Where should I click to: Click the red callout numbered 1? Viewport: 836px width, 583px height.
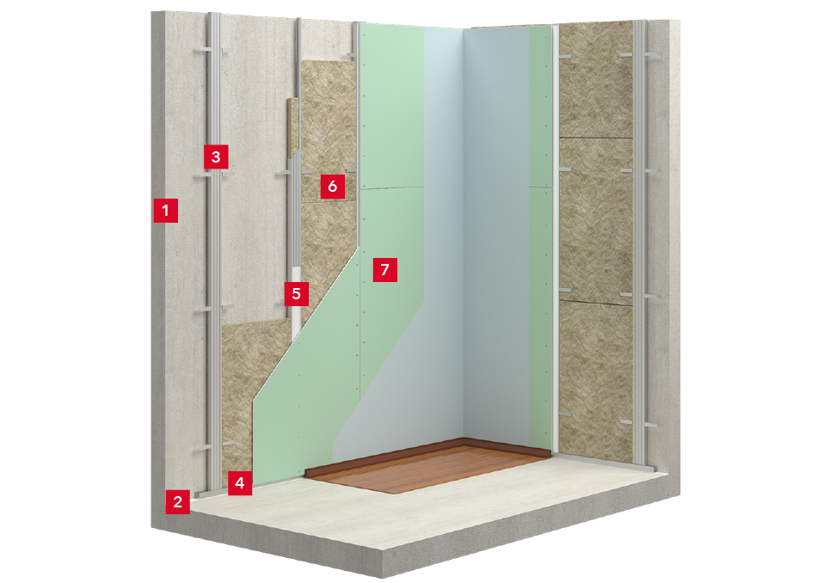165,210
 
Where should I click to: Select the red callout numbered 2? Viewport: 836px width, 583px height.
177,501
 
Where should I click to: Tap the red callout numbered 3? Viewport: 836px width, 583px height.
216,156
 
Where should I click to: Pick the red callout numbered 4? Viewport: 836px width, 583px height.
240,482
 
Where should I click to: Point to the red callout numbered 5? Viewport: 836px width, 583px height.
297,293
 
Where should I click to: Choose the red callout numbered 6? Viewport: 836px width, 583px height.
333,186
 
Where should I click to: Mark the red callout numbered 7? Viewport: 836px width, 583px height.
385,270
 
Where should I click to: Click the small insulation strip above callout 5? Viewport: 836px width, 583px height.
292,128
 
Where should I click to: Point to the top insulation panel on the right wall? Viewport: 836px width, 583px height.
596,80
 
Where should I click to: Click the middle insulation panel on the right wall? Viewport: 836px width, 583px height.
596,219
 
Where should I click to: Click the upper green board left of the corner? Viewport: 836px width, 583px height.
392,107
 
